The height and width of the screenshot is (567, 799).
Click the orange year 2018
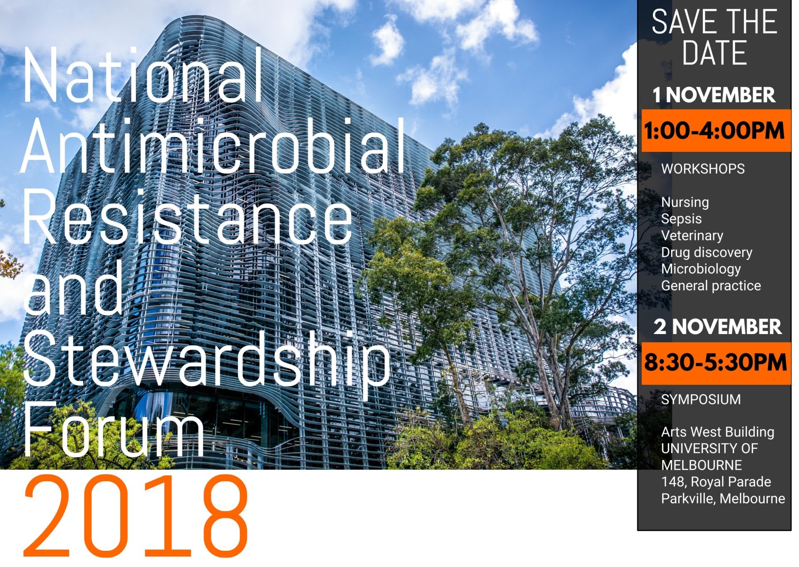tap(136, 516)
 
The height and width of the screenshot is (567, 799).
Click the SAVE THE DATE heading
tap(715, 37)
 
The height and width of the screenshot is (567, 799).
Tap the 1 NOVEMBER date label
tap(714, 95)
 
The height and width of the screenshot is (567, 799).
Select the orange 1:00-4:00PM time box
tap(716, 131)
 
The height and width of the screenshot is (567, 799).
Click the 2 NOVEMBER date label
tap(717, 327)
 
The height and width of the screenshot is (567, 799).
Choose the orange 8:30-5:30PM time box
tap(716, 363)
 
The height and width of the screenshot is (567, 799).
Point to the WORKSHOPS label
tap(703, 169)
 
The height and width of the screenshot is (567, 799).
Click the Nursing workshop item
tap(685, 203)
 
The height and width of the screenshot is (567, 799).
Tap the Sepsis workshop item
tap(681, 219)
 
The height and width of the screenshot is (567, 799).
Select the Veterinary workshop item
tap(692, 236)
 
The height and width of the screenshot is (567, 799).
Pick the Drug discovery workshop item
tap(707, 253)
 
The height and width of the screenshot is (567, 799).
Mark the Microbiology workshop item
tap(701, 269)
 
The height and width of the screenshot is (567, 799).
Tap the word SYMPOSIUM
tap(701, 399)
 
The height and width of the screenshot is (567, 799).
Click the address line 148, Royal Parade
tap(716, 482)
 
